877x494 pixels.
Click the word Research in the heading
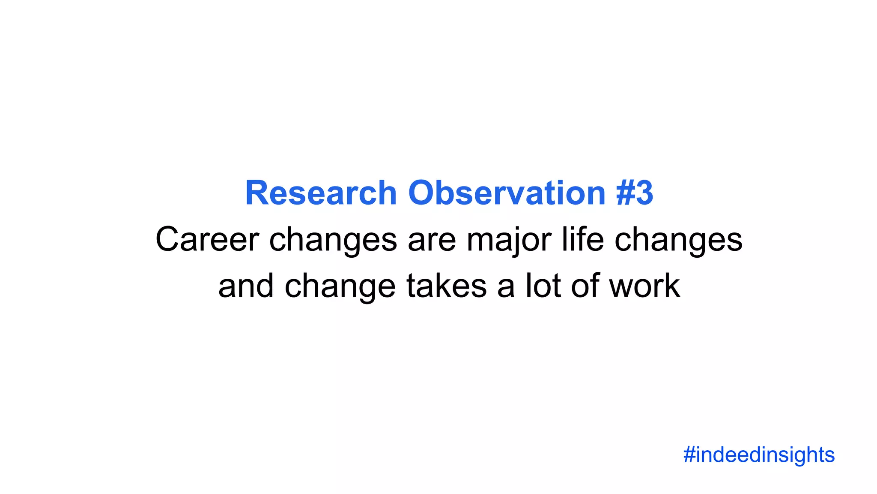click(321, 193)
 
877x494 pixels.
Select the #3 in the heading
click(635, 193)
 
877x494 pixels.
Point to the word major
click(509, 240)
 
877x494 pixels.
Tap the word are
click(432, 240)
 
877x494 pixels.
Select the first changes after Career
click(333, 240)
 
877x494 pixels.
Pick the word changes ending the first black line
click(678, 240)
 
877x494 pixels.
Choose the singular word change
click(340, 287)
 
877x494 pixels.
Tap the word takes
click(446, 286)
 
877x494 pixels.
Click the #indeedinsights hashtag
click(759, 455)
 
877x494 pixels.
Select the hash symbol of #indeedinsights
click(689, 455)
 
